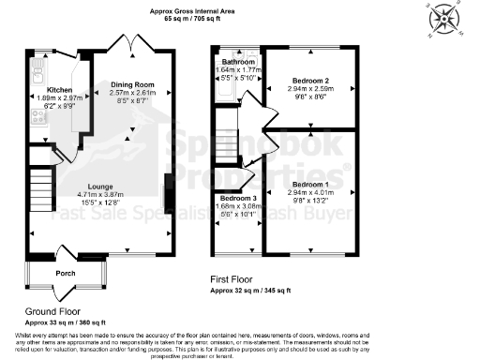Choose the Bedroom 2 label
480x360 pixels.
(309, 82)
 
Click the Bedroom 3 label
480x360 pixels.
(238, 199)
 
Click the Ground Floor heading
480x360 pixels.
(53, 310)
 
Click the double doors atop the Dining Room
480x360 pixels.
(127, 42)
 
